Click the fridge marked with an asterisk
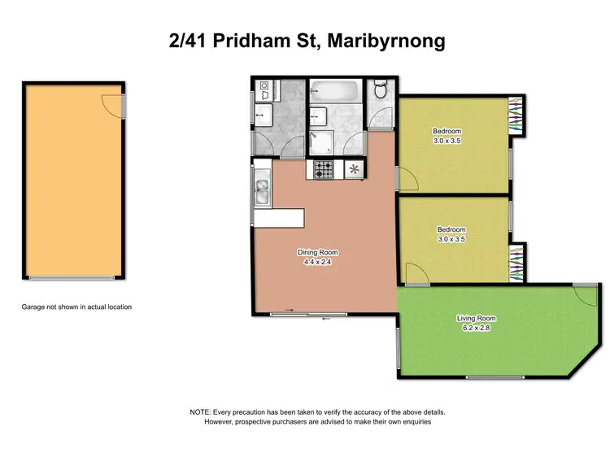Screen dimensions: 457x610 pyautogui.click(x=354, y=170)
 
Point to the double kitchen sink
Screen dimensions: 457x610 pyautogui.click(x=262, y=194)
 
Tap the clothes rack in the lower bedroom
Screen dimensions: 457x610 pyautogui.click(x=516, y=261)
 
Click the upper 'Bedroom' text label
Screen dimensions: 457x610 pyautogui.click(x=447, y=132)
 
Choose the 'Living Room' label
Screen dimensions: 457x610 pyautogui.click(x=476, y=318)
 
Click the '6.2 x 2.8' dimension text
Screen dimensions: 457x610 pyautogui.click(x=476, y=328)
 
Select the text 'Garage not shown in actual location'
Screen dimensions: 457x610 pyautogui.click(x=76, y=307)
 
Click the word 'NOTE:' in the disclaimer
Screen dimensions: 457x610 pyautogui.click(x=200, y=413)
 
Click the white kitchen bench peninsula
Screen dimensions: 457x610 pyautogui.click(x=279, y=218)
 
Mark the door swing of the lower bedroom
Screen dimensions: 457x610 pyautogui.click(x=413, y=275)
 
